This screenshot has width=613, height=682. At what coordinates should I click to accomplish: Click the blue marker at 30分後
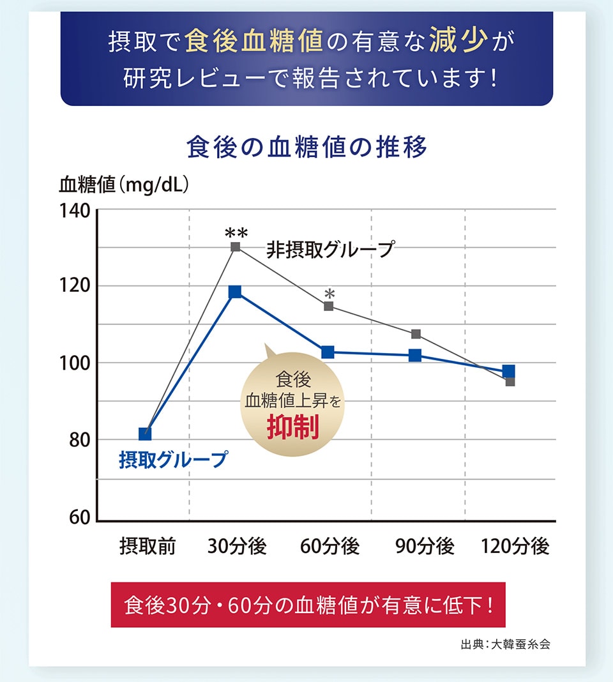coord(235,292)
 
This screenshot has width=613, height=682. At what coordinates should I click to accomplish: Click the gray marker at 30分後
coord(236,246)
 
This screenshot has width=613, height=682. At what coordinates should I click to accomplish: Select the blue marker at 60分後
coord(328,352)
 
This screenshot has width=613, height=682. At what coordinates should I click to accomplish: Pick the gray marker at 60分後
coord(329,306)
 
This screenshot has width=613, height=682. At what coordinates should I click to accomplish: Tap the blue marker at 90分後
coord(415,355)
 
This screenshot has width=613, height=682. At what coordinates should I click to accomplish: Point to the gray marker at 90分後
coord(416,334)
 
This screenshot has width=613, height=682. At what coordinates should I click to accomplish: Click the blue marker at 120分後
coord(509,371)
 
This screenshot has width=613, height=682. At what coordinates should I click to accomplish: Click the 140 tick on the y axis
coord(75,210)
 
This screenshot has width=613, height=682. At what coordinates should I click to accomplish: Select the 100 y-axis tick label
coord(75,363)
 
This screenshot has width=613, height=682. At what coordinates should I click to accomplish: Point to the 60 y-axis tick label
coord(79,517)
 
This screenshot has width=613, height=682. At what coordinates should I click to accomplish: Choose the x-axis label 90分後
coord(425,547)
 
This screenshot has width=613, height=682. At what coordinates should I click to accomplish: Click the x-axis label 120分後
coord(515,547)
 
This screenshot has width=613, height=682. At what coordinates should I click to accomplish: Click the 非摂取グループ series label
coord(330,249)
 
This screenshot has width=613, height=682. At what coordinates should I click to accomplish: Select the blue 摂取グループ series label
coord(173,459)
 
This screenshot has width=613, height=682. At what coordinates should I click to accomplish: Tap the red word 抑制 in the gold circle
coord(292,428)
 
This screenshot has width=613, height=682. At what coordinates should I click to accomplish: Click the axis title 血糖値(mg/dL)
coord(124,185)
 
